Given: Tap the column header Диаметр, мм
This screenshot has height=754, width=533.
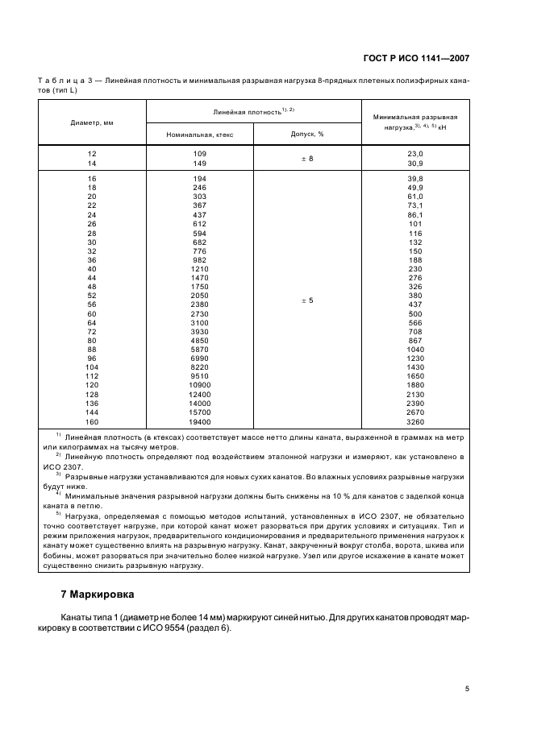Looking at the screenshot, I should (x=92, y=122).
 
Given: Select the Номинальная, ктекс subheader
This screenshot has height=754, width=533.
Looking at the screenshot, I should (x=199, y=135).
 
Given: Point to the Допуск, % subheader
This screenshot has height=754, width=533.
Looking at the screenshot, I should (x=306, y=135).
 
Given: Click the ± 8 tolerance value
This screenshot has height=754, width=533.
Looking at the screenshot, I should (x=306, y=158).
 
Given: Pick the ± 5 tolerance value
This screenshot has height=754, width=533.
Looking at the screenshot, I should (x=306, y=300).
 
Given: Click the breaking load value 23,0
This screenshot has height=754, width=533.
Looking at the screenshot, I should (x=415, y=153).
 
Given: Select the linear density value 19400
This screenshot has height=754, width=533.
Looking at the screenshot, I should (x=199, y=421).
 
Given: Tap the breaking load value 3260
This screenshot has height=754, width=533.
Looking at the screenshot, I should (x=415, y=421).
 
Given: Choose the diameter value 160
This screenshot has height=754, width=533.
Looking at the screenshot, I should (x=91, y=421).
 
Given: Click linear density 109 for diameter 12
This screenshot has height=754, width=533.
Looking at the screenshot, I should (x=199, y=153).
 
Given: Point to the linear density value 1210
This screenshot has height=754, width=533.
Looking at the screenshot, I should (x=199, y=268).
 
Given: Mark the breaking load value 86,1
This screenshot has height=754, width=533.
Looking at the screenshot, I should (x=415, y=215).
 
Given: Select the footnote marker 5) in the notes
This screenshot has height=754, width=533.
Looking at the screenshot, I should (x=58, y=513).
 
